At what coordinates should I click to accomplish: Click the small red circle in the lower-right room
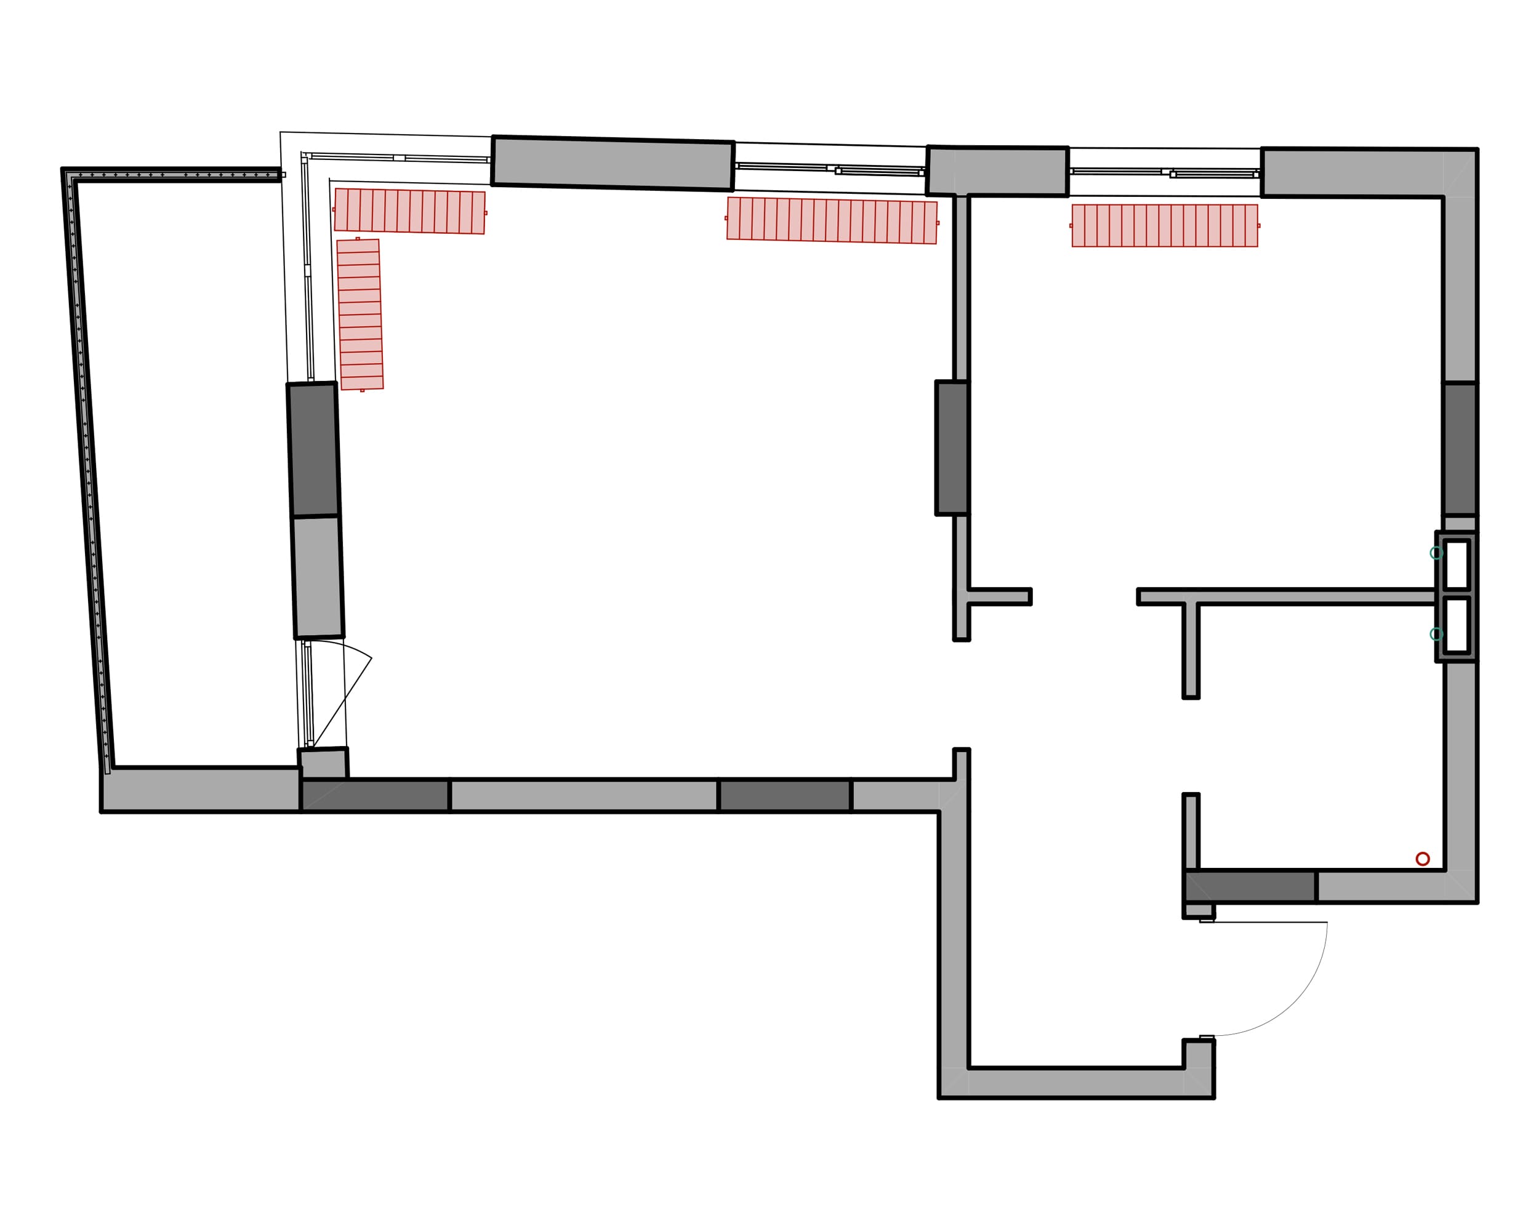coord(1423,859)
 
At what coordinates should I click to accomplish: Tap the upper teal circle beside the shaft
coord(1436,553)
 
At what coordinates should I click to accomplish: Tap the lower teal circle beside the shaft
coord(1436,634)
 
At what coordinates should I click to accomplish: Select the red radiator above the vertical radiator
coord(410,211)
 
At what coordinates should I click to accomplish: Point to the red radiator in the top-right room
coord(1164,225)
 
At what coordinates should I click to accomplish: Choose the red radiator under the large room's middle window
coord(832,220)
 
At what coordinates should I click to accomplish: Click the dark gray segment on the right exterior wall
coord(1460,449)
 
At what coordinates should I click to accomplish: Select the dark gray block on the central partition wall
coord(952,448)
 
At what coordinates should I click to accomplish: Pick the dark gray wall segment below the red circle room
coord(1250,886)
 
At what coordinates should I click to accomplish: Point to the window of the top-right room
coord(1164,172)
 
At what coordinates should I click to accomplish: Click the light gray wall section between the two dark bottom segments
coord(584,795)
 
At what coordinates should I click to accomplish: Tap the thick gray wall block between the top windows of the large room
coord(613,164)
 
